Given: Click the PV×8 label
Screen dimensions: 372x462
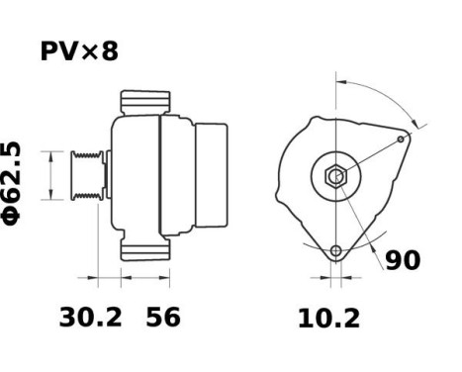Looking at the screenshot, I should click(x=79, y=50).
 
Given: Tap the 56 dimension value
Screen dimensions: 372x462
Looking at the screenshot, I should click(x=164, y=318).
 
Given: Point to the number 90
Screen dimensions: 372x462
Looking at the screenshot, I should click(x=402, y=260).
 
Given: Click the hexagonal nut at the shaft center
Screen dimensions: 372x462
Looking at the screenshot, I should click(x=336, y=178).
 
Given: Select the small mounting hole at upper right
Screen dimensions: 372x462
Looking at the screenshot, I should click(x=401, y=139).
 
